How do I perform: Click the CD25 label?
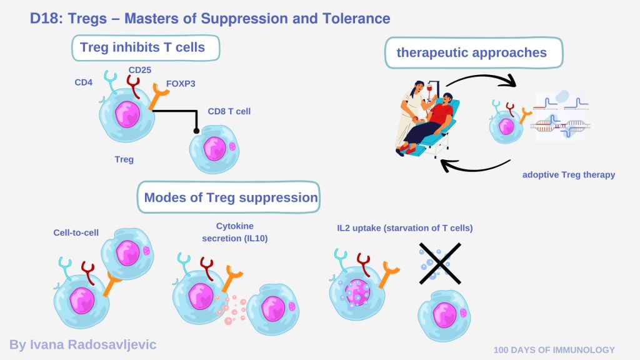pyautogui.click(x=140, y=70)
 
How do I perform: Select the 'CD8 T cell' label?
pyautogui.click(x=229, y=112)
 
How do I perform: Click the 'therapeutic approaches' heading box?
pyautogui.click(x=471, y=52)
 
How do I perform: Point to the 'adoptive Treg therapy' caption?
pyautogui.click(x=569, y=175)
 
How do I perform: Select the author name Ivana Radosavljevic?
pyautogui.click(x=82, y=344)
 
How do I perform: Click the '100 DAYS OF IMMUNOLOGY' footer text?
pyautogui.click(x=554, y=350)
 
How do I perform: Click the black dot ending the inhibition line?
pyautogui.click(x=196, y=131)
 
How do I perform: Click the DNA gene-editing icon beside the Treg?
pyautogui.click(x=561, y=116)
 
